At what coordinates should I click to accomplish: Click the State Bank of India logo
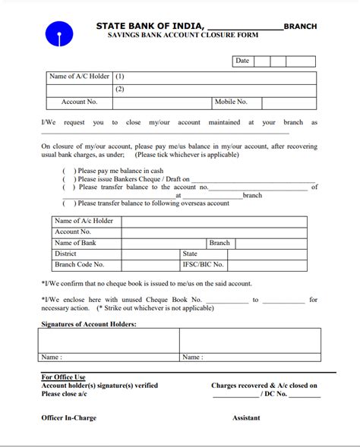point(58,34)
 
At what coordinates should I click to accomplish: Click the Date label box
point(242,61)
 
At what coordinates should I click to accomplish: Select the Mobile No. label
point(231,102)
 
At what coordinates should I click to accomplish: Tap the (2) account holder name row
point(119,90)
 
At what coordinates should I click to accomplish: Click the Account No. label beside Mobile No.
point(79,102)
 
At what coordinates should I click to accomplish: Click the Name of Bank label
point(75,243)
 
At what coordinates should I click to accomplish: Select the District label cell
point(65,254)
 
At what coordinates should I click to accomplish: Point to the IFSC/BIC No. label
point(203,265)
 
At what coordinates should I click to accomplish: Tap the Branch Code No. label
point(79,265)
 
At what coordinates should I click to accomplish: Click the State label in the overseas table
point(190,254)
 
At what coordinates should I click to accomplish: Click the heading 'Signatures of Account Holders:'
point(89,324)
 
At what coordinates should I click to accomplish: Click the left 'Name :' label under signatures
point(52,357)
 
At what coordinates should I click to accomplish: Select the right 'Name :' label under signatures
point(192,357)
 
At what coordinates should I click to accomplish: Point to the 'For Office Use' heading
point(63,377)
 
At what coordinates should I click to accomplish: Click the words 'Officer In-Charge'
point(68,418)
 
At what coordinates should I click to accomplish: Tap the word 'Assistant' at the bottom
point(246,418)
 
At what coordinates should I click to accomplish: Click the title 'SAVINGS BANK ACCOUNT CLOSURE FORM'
point(182,36)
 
